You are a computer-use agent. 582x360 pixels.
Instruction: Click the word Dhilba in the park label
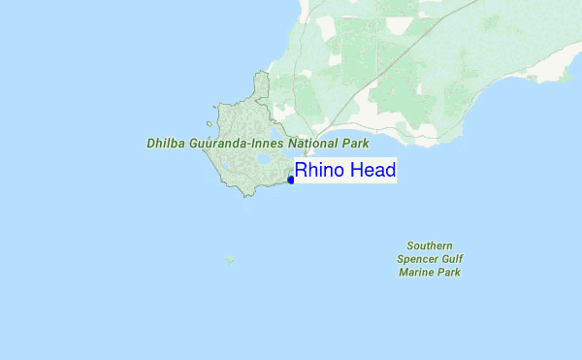point(166,143)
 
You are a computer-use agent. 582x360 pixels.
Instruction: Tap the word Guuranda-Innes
point(233,143)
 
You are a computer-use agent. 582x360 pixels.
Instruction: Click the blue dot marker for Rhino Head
point(291,180)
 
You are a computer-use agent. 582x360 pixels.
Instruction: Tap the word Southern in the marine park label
point(429,246)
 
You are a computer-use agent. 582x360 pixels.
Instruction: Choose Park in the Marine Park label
point(449,273)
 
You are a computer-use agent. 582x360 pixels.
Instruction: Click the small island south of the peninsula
point(230,259)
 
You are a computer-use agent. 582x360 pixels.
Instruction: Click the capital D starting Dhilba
point(151,143)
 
